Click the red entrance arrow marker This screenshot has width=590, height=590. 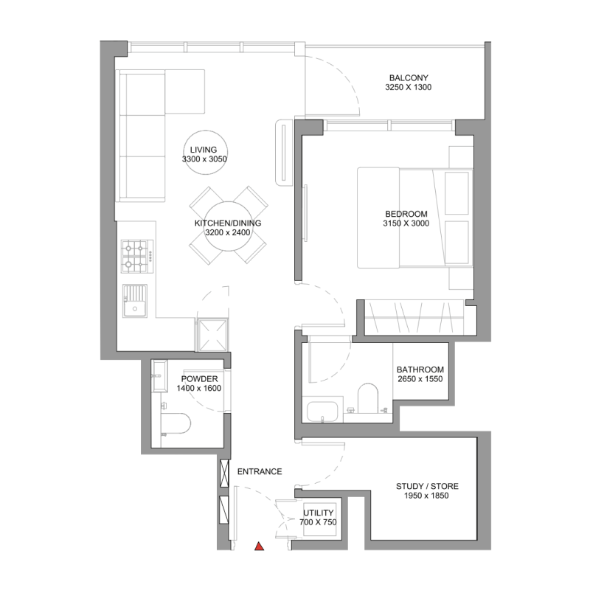(259, 546)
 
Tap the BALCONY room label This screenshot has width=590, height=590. (408, 77)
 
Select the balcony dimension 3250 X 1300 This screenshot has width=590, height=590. (408, 88)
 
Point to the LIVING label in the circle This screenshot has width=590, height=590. (204, 150)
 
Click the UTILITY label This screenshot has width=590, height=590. (318, 513)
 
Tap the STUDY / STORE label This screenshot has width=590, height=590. (427, 486)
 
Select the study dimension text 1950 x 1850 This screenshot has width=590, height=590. (427, 496)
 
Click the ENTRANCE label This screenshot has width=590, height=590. (259, 471)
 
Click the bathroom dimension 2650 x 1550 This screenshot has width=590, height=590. (420, 380)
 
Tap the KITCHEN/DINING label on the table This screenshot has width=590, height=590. (228, 223)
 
